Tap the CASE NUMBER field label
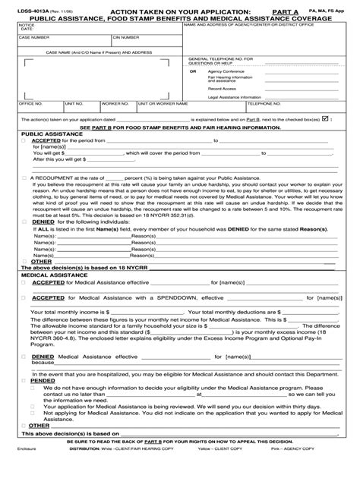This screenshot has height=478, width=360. [x=34, y=36]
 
